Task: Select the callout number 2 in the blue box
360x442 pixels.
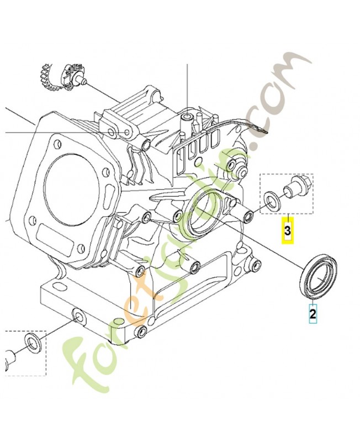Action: (x=313, y=315)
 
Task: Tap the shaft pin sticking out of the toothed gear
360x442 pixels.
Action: (x=82, y=82)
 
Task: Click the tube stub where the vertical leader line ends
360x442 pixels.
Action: (x=188, y=117)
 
